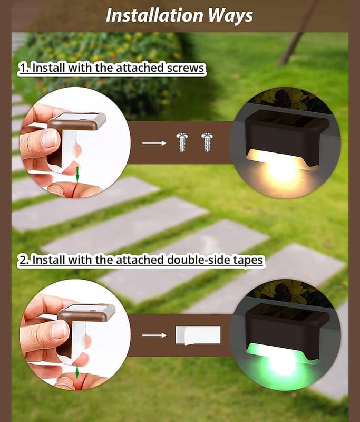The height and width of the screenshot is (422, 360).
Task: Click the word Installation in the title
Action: pos(154,15)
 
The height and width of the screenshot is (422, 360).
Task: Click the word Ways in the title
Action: pos(230,16)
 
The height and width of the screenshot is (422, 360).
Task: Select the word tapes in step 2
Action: pos(248,260)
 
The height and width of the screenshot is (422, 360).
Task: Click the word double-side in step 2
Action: pos(199,260)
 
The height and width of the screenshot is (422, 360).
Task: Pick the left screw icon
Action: pos(182,142)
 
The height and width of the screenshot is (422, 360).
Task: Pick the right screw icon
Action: pos(207,142)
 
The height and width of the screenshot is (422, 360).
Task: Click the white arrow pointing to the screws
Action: pos(154,143)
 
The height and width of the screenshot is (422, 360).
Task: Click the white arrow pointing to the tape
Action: pos(154,335)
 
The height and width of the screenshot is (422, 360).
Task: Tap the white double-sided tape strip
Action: pos(198,335)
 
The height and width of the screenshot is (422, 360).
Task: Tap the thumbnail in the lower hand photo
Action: pos(59,330)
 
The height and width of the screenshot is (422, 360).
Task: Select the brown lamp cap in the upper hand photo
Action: pos(77,121)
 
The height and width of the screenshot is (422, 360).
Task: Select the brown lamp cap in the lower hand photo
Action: pos(86,313)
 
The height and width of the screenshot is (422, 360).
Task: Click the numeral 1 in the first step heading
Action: pos(23,68)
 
